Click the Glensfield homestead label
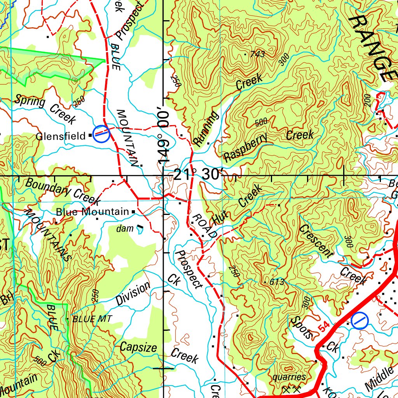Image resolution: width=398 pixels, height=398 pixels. (61, 136)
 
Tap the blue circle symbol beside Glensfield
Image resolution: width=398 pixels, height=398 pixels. (101, 133)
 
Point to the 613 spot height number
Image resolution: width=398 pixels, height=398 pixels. (277, 282)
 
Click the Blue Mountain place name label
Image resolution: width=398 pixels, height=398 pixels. (92, 212)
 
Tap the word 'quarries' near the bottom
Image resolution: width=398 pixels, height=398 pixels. (289, 377)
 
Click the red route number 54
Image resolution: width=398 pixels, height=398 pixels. (325, 327)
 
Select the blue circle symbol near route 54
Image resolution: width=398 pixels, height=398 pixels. (360, 321)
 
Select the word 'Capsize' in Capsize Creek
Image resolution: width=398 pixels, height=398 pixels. (138, 347)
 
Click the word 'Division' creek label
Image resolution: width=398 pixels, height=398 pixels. (133, 293)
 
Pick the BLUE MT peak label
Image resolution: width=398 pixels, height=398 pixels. (92, 319)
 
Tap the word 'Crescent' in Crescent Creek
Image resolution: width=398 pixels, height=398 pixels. (316, 241)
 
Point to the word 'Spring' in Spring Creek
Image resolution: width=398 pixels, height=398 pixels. (30, 102)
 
